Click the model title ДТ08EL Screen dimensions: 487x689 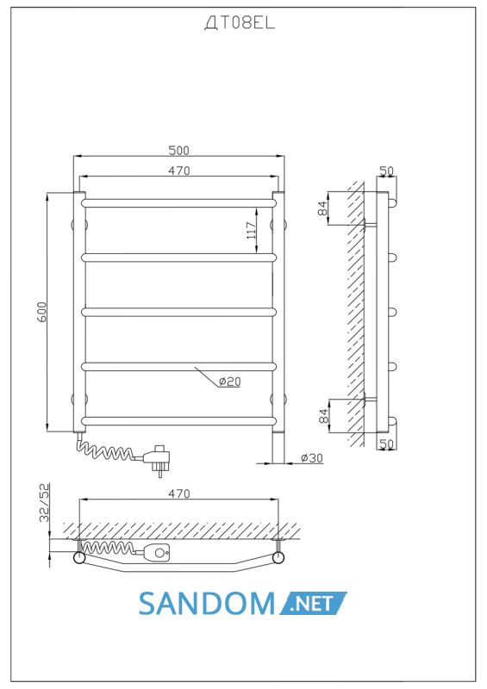coord(240,23)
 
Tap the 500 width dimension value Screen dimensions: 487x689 coord(178,150)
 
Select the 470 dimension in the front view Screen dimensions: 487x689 coord(178,171)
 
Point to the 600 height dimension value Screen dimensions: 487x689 coord(41,312)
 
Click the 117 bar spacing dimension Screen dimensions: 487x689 coord(251,230)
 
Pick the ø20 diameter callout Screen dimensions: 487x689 coord(229,382)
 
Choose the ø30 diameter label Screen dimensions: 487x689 coord(311,458)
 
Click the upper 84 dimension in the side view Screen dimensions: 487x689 coord(323,208)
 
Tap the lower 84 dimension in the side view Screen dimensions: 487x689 coord(323,416)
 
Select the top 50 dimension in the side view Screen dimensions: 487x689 coord(387,171)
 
